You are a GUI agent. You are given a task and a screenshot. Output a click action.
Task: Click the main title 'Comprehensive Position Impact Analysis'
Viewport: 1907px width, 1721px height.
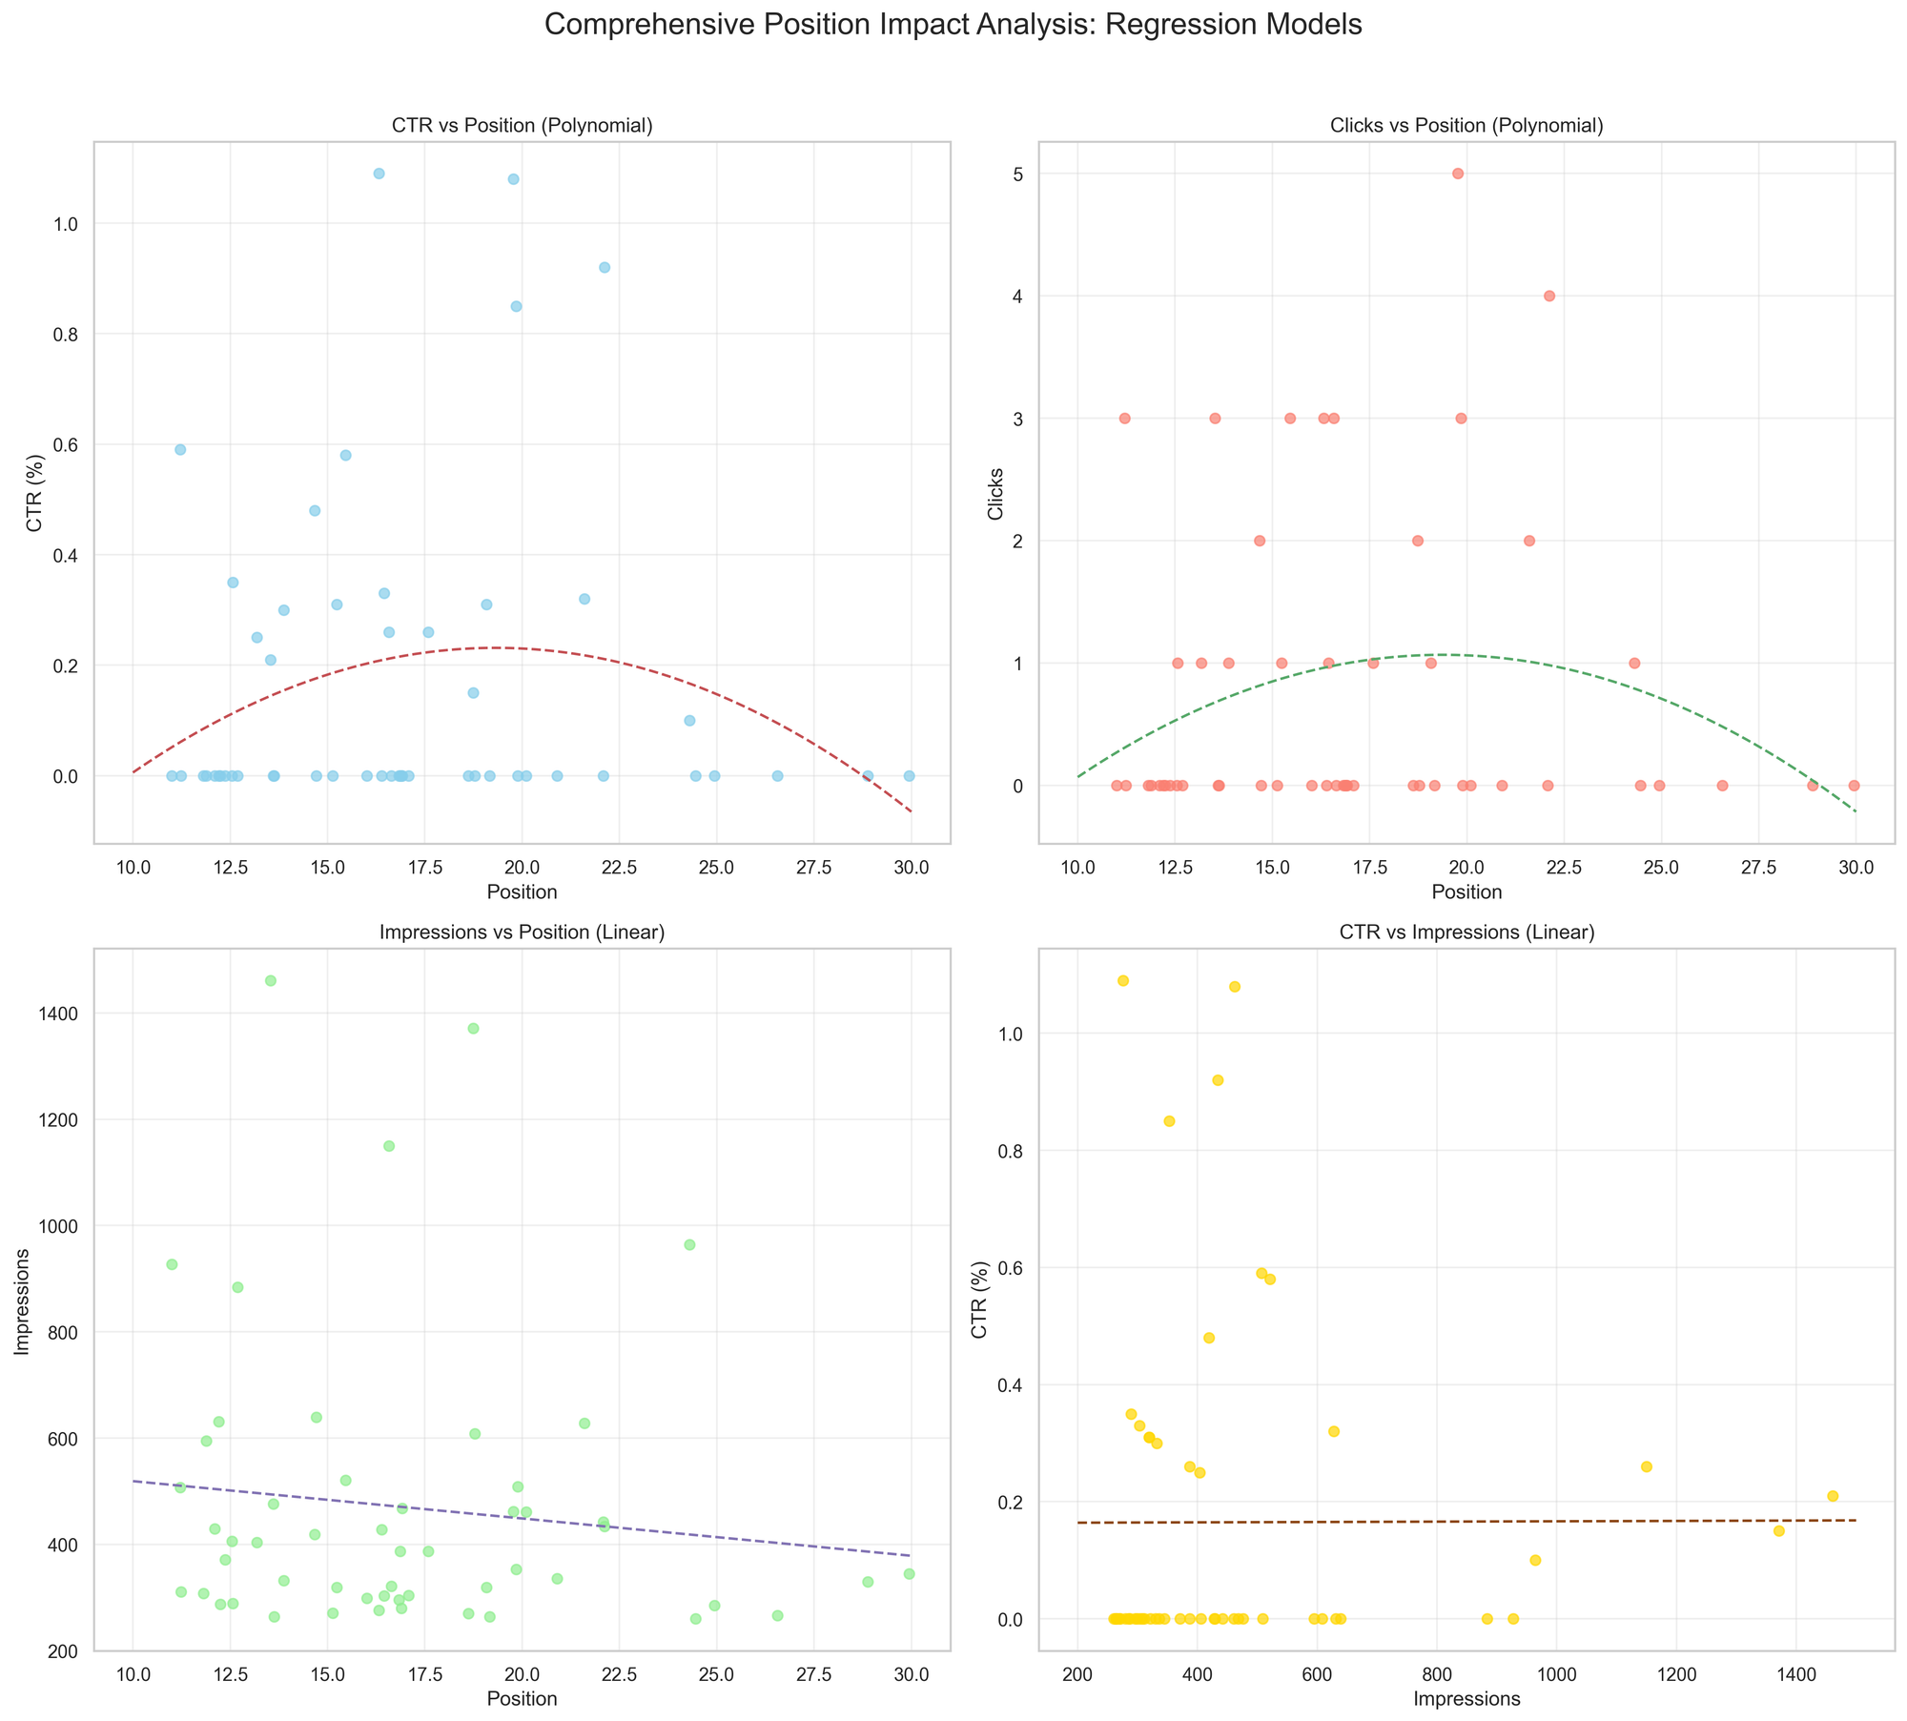[953, 25]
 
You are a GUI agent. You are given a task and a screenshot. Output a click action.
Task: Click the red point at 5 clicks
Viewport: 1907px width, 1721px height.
[1457, 174]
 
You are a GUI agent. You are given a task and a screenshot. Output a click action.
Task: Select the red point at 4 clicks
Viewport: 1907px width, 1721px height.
[1548, 296]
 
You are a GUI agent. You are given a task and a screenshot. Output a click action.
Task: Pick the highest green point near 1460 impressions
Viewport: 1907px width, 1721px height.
[270, 980]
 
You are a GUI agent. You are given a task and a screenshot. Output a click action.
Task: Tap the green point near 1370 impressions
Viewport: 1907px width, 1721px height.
[473, 1028]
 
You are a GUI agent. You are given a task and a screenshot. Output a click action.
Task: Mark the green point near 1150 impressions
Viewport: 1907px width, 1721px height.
[388, 1145]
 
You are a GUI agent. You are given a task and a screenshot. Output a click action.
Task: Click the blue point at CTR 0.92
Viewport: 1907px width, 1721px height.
[604, 267]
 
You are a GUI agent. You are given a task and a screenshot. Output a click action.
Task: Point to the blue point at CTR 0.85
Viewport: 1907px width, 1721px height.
[516, 306]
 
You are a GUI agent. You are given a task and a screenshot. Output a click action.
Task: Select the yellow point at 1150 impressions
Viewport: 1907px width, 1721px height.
[1646, 1466]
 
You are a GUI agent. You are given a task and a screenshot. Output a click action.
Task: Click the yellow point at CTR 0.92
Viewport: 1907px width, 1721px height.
[1217, 1080]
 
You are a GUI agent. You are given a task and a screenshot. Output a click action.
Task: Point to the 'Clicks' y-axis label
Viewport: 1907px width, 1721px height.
[996, 492]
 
